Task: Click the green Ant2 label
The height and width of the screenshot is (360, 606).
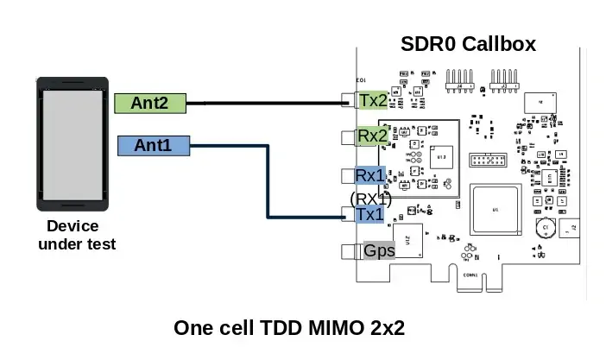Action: pyautogui.click(x=150, y=104)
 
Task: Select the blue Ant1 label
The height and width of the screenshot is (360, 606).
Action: pyautogui.click(x=153, y=146)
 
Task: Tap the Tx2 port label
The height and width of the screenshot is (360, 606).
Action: pyautogui.click(x=374, y=100)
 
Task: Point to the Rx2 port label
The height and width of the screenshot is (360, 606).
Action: pyautogui.click(x=373, y=136)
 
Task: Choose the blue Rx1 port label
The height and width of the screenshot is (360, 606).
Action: pyautogui.click(x=371, y=175)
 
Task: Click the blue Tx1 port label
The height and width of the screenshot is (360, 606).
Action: pyautogui.click(x=369, y=214)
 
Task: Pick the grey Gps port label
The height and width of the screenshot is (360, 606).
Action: pyautogui.click(x=379, y=251)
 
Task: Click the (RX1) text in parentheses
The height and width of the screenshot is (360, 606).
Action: pyautogui.click(x=371, y=199)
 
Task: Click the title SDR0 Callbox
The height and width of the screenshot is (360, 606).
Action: pyautogui.click(x=469, y=44)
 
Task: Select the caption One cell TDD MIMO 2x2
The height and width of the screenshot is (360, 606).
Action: pyautogui.click(x=289, y=329)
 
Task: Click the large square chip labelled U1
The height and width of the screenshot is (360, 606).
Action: pyautogui.click(x=496, y=210)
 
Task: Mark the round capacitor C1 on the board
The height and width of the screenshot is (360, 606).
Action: pyautogui.click(x=545, y=229)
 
